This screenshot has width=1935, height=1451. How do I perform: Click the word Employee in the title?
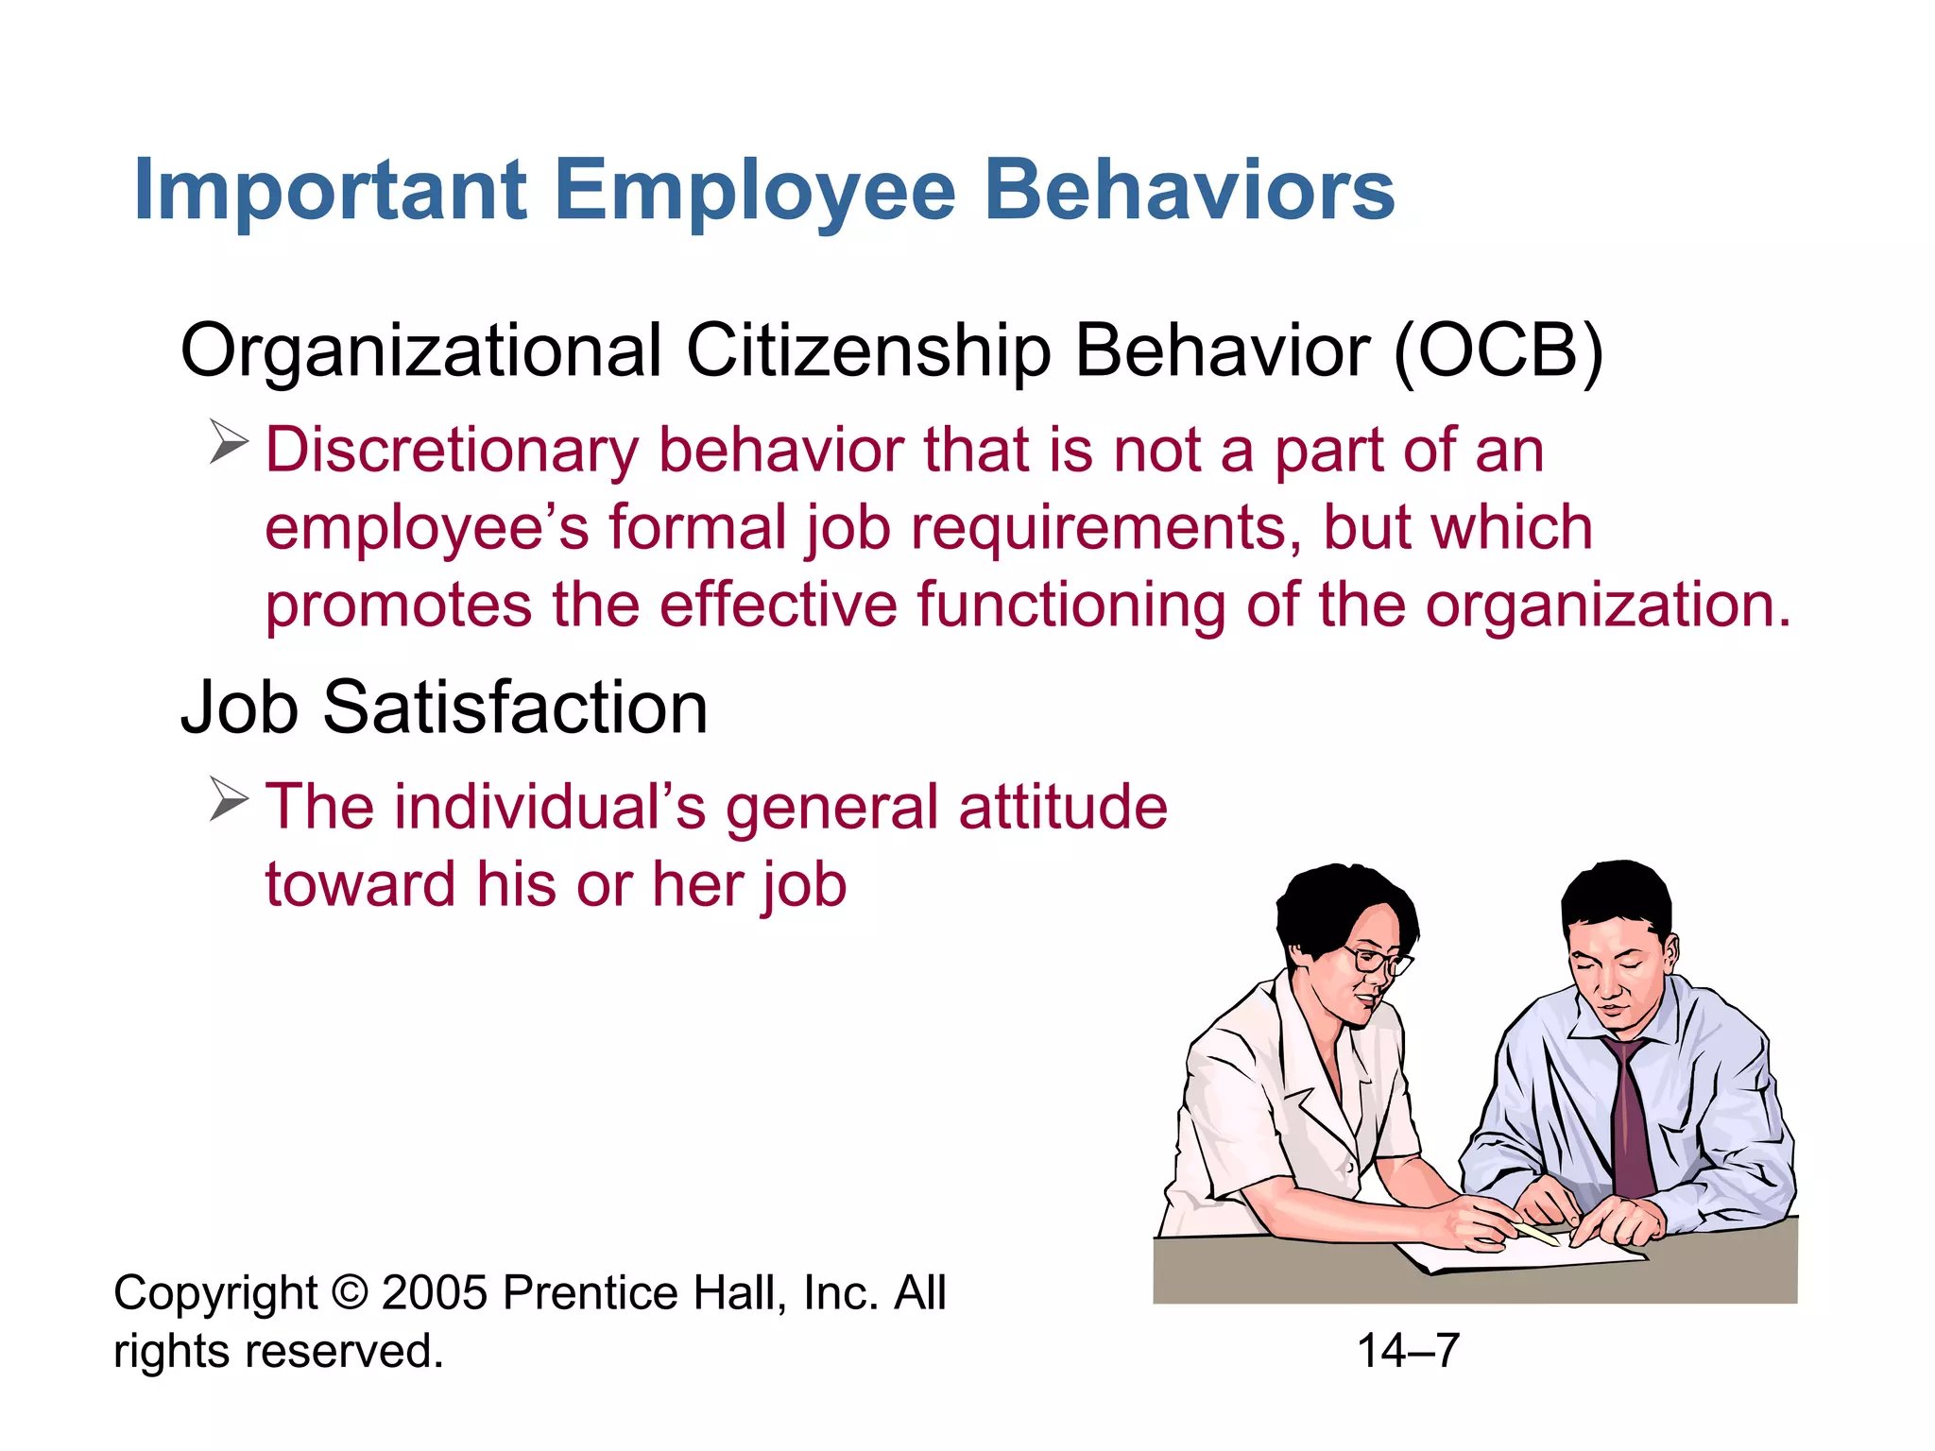756,192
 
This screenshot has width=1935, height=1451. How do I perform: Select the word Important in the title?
330,192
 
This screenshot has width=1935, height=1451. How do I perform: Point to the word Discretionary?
452,450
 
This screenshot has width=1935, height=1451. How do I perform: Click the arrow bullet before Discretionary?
228,441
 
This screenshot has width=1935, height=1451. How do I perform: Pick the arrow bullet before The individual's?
228,799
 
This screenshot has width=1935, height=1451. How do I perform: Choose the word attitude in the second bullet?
1063,807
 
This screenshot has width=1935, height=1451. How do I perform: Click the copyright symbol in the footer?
350,1292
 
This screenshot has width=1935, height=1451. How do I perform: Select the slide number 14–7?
1408,1351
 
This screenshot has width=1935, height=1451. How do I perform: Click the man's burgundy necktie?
1633,1124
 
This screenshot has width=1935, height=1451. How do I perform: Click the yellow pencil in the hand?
1536,1233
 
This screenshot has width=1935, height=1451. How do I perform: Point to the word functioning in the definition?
1070,605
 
